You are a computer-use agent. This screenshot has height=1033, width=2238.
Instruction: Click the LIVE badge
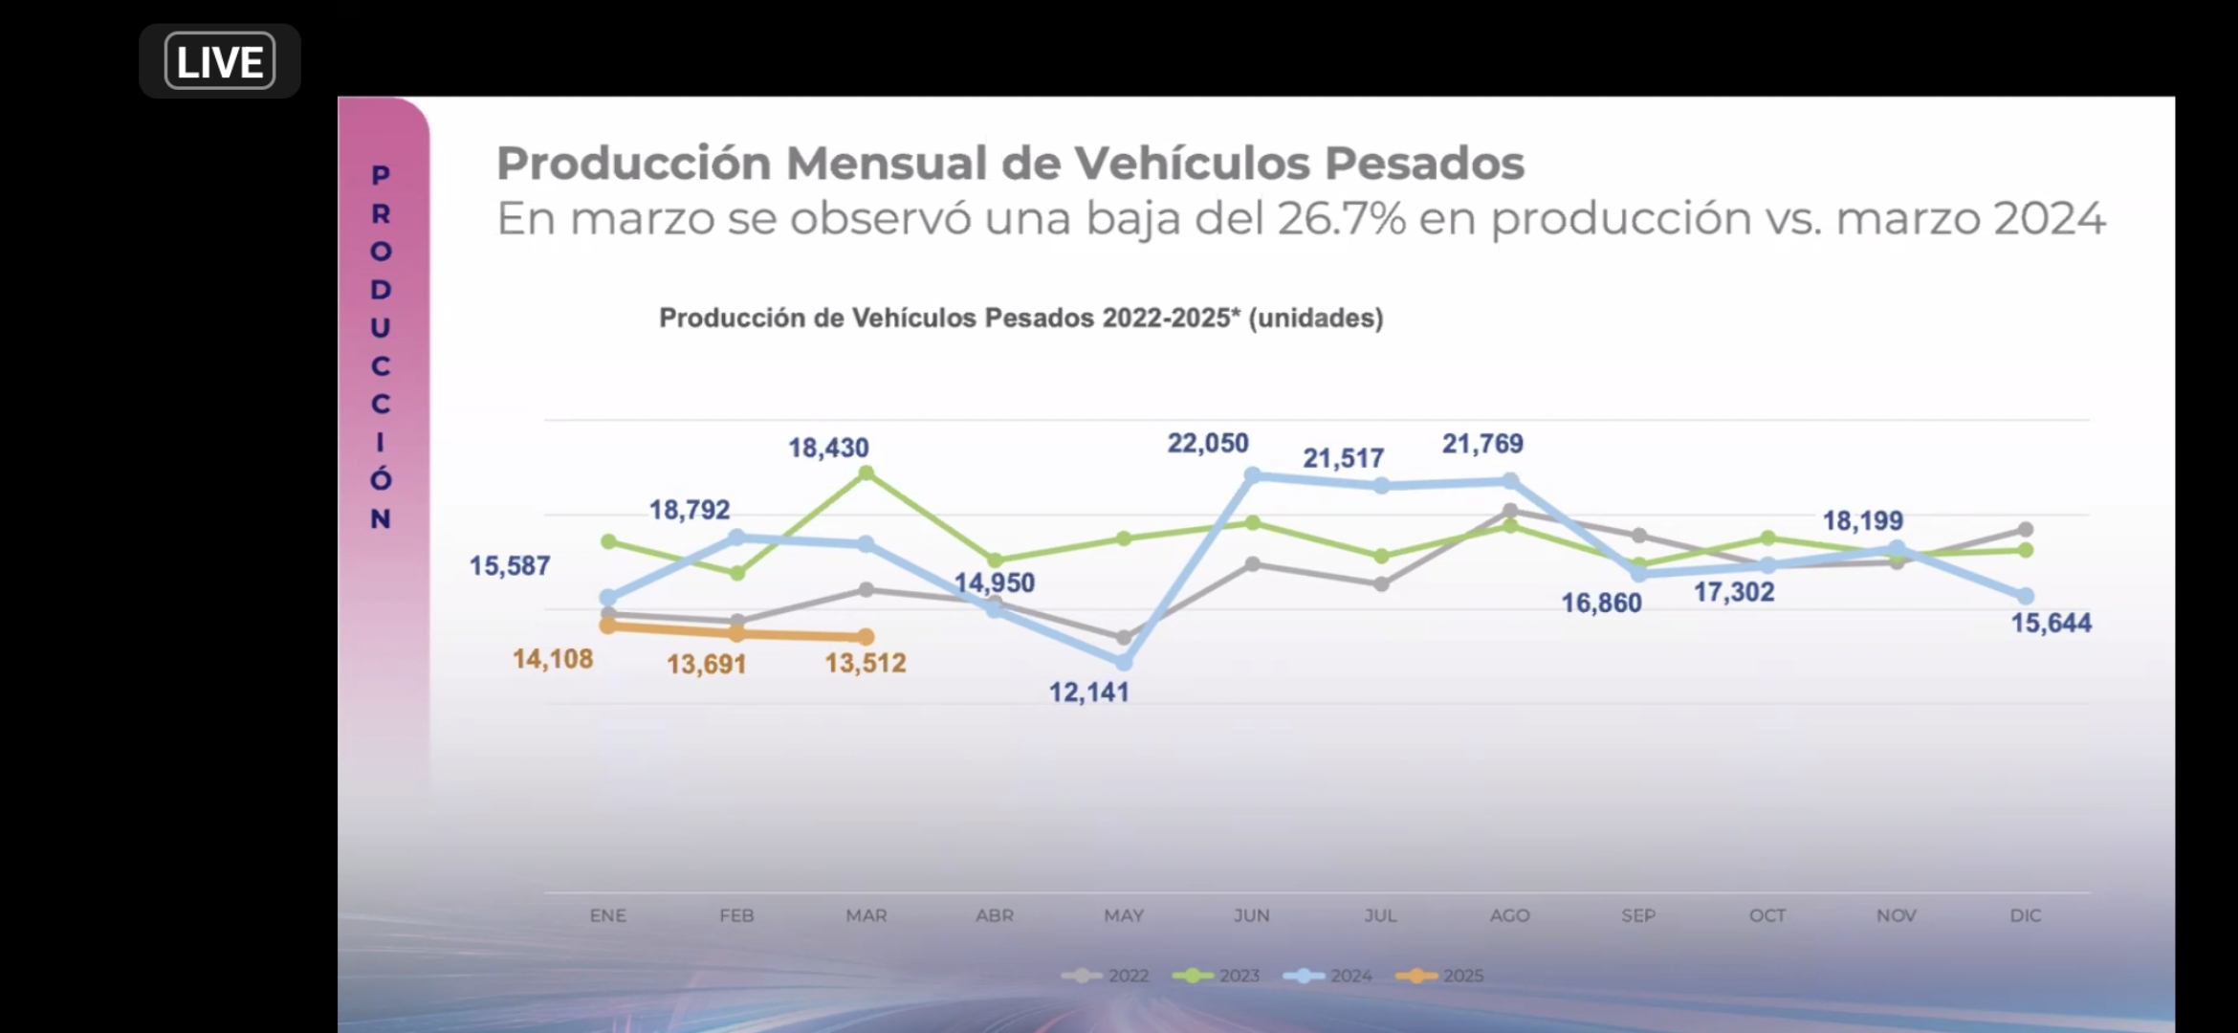[x=220, y=61]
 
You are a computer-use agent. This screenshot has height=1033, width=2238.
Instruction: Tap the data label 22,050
[x=1207, y=444]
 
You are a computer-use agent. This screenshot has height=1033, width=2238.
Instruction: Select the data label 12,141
[x=1088, y=692]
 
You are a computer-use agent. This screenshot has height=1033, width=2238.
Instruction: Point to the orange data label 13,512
[x=865, y=663]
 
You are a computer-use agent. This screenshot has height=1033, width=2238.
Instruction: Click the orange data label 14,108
[x=553, y=659]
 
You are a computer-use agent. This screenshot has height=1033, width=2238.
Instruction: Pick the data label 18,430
[x=828, y=448]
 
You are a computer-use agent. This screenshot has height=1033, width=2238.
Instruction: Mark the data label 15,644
[x=2051, y=624]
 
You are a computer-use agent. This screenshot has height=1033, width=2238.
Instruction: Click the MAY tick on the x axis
[x=1124, y=915]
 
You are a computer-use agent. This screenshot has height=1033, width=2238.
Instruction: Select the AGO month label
[x=1509, y=915]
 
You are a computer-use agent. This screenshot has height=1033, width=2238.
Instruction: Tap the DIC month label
[x=2025, y=915]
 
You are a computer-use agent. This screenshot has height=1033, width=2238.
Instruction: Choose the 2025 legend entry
[x=1439, y=976]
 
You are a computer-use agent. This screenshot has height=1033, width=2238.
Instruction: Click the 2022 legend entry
[x=1105, y=976]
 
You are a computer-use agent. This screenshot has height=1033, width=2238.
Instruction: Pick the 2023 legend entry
[x=1216, y=976]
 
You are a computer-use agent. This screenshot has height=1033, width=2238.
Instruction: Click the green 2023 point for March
[x=866, y=473]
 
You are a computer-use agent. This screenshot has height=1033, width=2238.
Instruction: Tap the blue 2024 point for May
[x=1124, y=662]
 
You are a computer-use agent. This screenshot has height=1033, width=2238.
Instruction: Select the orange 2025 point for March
[x=866, y=636]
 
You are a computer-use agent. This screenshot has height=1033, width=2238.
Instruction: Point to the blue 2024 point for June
[x=1253, y=474]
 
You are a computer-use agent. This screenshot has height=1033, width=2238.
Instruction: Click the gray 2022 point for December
[x=2025, y=529]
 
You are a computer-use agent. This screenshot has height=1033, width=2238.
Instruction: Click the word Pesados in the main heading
[x=1424, y=164]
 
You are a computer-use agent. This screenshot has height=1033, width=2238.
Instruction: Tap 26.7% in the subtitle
[x=1341, y=219]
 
